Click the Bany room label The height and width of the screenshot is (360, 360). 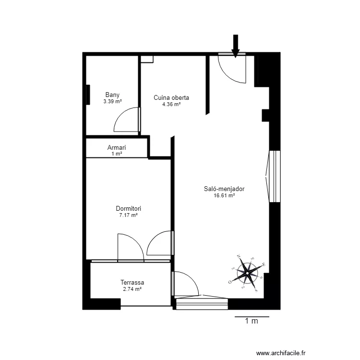coord(112,95)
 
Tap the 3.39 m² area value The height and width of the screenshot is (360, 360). coord(112,101)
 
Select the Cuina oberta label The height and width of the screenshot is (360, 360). coord(171,97)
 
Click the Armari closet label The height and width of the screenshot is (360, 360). coord(116,148)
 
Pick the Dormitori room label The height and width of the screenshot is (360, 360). coord(128,209)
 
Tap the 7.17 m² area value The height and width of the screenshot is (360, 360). coord(128,216)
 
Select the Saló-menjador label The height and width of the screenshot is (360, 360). coord(224,189)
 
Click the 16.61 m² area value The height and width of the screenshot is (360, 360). coord(224,195)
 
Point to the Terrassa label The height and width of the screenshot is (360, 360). coord(132,283)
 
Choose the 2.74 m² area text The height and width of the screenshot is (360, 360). coord(132,289)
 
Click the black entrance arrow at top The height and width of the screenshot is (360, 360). coord(235,46)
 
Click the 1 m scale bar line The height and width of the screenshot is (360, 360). coord(252,317)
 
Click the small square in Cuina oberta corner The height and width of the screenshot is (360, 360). coord(147,59)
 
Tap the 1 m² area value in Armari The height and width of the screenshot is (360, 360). coord(116,154)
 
